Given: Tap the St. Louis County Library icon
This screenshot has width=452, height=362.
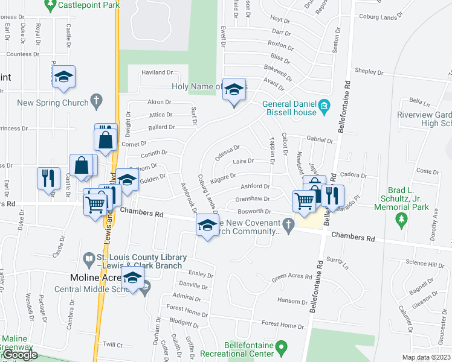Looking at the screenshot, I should tap(89, 259).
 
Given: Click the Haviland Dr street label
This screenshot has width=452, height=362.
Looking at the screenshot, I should tap(157, 72).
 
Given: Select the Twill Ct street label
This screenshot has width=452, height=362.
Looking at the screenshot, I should tap(113, 345).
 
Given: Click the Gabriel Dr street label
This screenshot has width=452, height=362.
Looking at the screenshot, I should tap(320, 140).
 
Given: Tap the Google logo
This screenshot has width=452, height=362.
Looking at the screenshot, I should tap(20, 355).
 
